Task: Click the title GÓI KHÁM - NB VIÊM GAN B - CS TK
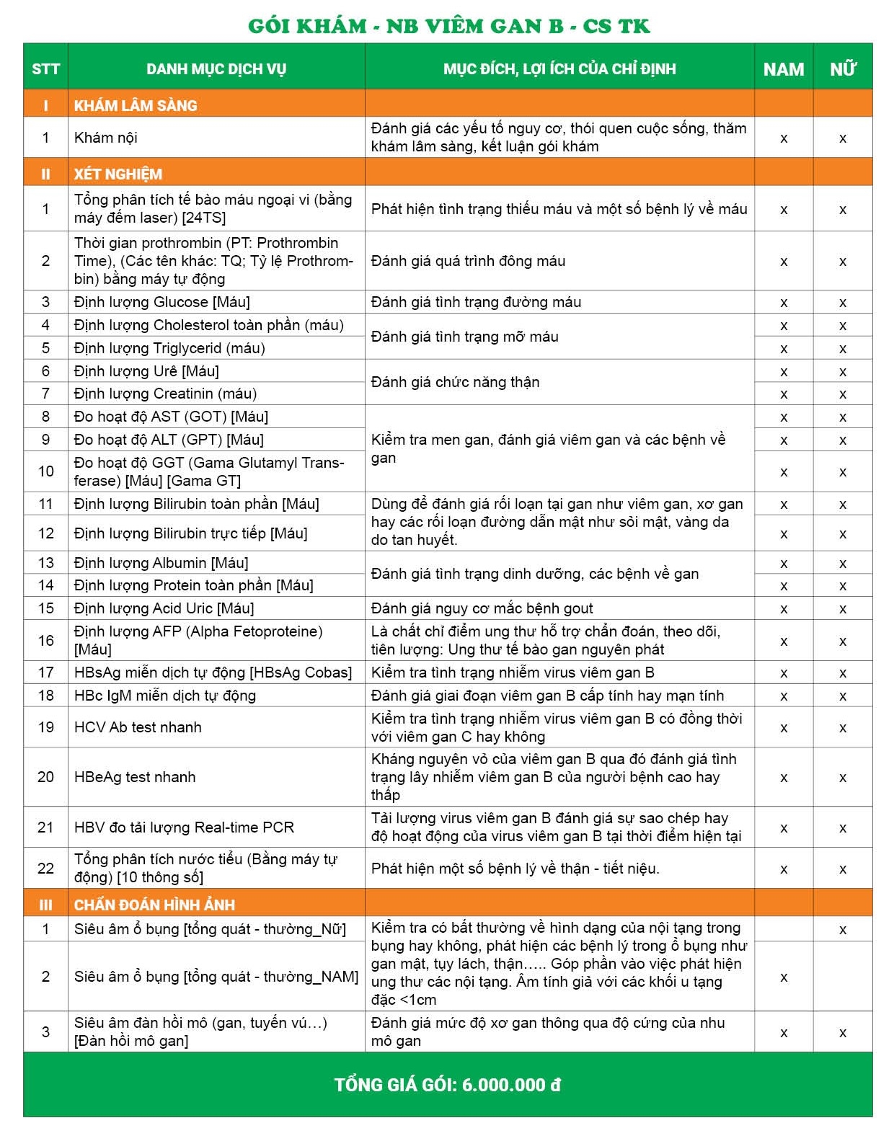pyautogui.click(x=448, y=26)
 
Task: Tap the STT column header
pyautogui.click(x=45, y=69)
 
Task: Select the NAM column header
pyautogui.click(x=783, y=69)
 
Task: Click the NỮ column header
pyautogui.click(x=842, y=69)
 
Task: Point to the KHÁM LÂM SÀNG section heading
pyautogui.click(x=136, y=105)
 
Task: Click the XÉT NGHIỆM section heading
pyautogui.click(x=118, y=174)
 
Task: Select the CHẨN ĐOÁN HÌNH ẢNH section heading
pyautogui.click(x=154, y=905)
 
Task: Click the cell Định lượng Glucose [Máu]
pyautogui.click(x=162, y=302)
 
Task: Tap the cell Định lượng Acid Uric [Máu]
pyautogui.click(x=164, y=608)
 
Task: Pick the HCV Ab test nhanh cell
pyautogui.click(x=138, y=727)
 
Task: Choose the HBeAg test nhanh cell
pyautogui.click(x=135, y=777)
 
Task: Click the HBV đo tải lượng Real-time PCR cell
pyautogui.click(x=184, y=827)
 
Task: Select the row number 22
pyautogui.click(x=45, y=868)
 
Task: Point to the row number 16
pyautogui.click(x=45, y=640)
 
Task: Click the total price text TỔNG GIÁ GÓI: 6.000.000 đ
pyautogui.click(x=448, y=1085)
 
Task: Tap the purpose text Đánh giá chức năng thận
pyautogui.click(x=455, y=382)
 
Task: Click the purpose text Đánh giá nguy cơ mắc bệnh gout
pyautogui.click(x=482, y=608)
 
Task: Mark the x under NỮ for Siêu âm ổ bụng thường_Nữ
pyautogui.click(x=842, y=930)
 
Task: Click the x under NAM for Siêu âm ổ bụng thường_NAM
pyautogui.click(x=784, y=977)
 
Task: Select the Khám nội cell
pyautogui.click(x=106, y=138)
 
